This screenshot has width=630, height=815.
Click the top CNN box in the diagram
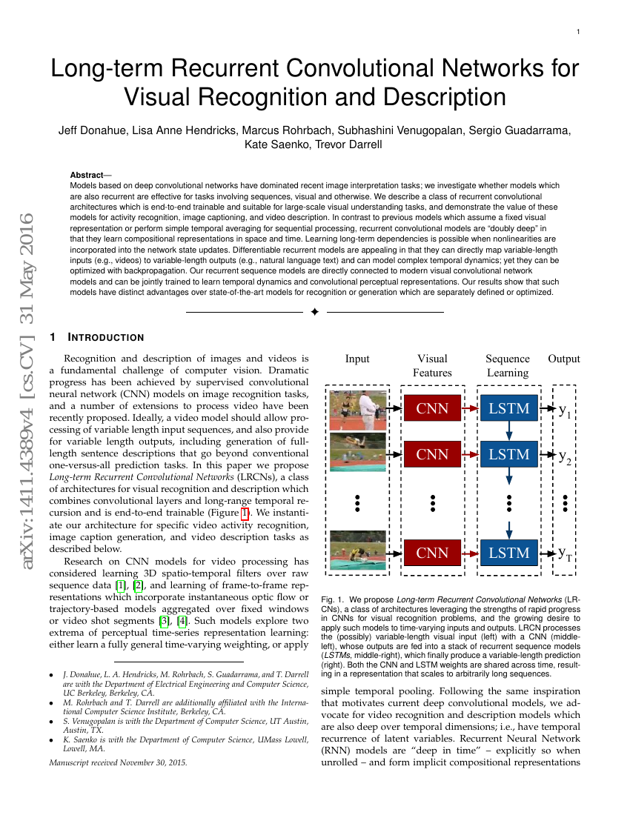(432, 408)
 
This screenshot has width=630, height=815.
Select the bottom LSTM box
(509, 553)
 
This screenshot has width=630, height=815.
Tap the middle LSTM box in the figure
(509, 454)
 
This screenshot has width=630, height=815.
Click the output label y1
(565, 410)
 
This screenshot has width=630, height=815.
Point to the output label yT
(565, 553)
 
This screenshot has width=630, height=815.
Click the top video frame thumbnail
(357, 408)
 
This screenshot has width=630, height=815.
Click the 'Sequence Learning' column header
(508, 365)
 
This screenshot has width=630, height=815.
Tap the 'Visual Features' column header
(432, 365)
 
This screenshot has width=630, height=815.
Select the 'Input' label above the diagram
(357, 359)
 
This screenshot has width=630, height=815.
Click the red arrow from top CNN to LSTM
(469, 408)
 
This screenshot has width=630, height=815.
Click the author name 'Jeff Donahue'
(93, 131)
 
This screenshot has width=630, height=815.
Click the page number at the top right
(578, 31)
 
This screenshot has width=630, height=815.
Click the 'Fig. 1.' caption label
(333, 598)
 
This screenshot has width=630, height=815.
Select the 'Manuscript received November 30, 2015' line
(118, 762)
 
